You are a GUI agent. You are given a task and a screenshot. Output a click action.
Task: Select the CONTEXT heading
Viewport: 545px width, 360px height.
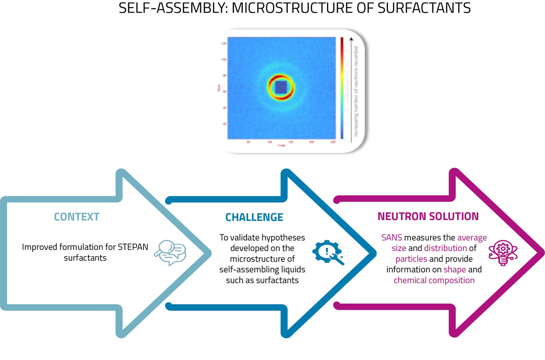click(76, 217)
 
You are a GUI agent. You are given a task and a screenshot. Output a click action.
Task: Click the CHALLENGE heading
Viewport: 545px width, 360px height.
click(254, 217)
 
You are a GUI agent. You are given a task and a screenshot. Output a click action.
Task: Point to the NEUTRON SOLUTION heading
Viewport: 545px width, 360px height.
click(428, 216)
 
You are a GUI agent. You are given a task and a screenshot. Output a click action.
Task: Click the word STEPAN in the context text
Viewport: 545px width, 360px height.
click(120, 247)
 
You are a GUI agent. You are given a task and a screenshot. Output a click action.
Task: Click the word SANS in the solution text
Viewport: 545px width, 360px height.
click(391, 238)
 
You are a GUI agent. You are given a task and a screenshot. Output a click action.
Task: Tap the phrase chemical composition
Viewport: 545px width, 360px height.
click(434, 280)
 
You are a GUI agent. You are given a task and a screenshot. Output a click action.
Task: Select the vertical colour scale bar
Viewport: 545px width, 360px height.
click(341, 86)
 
